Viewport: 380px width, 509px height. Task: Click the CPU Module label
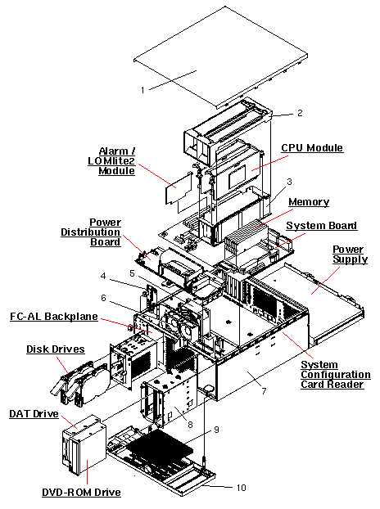(312, 148)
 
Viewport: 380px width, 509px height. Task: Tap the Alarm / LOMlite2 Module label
(112, 161)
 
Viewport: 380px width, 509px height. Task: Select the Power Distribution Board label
(91, 232)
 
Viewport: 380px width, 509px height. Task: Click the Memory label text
(309, 202)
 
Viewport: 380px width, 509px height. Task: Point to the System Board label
(322, 226)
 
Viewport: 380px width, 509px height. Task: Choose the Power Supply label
(351, 254)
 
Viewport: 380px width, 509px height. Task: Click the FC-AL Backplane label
(54, 317)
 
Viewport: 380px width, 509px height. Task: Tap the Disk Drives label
(56, 349)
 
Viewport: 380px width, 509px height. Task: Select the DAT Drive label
(34, 414)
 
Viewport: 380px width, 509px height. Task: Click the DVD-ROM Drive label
(82, 493)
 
